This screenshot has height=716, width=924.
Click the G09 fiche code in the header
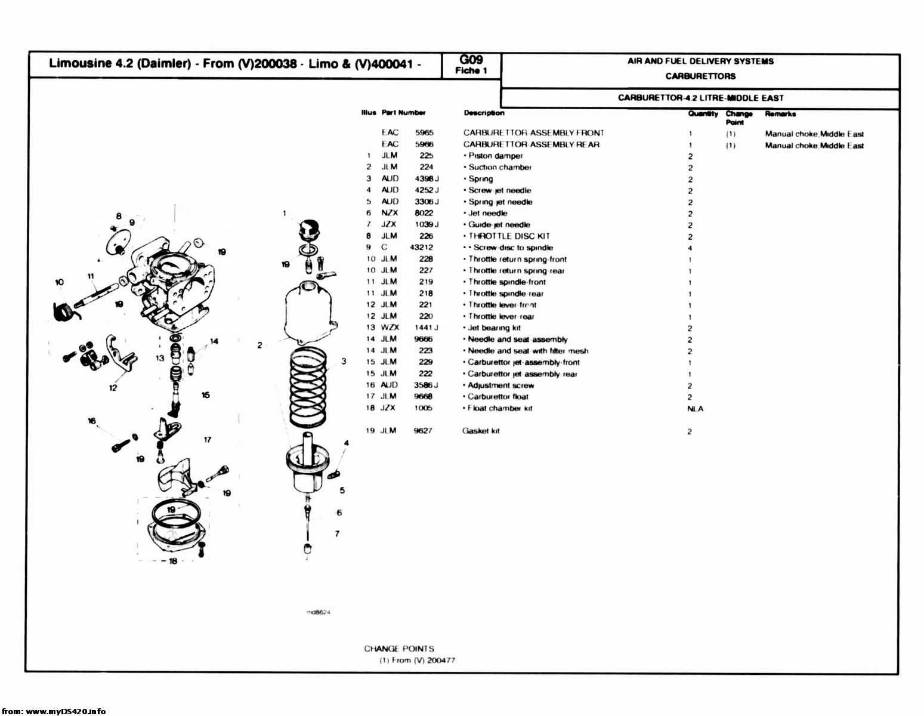[471, 60]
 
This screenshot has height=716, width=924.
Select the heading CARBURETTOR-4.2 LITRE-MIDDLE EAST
[700, 98]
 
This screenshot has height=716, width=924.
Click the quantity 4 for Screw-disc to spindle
[690, 248]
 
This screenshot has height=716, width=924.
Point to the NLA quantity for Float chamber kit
[695, 409]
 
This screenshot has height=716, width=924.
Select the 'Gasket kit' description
[481, 431]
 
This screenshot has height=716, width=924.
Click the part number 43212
[421, 248]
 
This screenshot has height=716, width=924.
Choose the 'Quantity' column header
[703, 113]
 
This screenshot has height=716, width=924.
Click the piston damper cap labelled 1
[309, 229]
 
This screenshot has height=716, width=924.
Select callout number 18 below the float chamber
[172, 561]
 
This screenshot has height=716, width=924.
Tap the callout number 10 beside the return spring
[58, 282]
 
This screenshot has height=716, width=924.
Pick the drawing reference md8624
[318, 612]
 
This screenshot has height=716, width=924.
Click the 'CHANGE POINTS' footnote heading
[399, 649]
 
